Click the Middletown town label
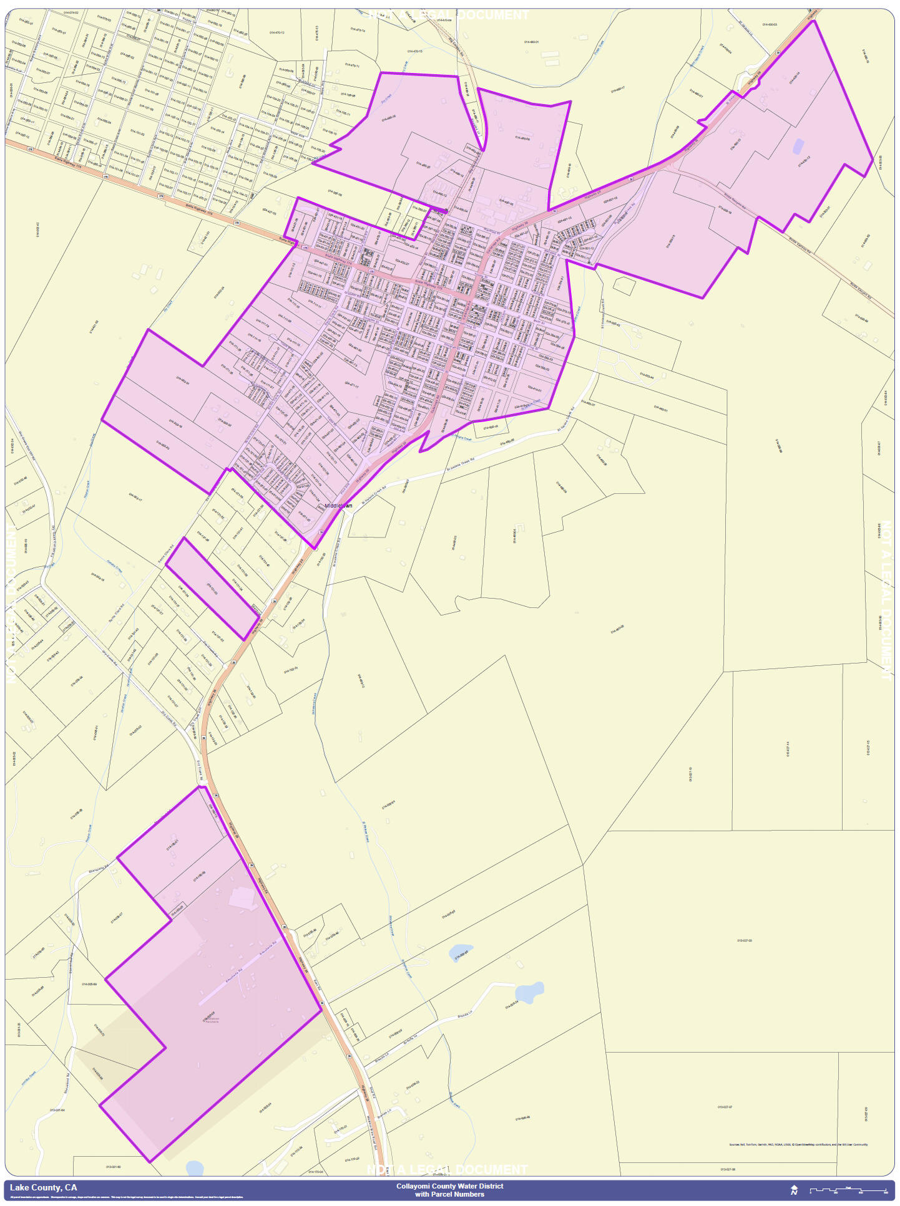pyautogui.click(x=338, y=505)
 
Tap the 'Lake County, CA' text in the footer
pyautogui.click(x=43, y=1187)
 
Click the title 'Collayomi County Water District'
pyautogui.click(x=449, y=1186)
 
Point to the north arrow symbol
pyautogui.click(x=794, y=1190)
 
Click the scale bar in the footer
pyautogui.click(x=848, y=1191)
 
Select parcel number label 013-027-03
pyautogui.click(x=744, y=940)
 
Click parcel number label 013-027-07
pyautogui.click(x=725, y=1107)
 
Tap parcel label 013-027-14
pyautogui.click(x=788, y=748)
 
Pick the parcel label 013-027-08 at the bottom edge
pyautogui.click(x=728, y=1170)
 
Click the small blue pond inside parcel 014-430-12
pyautogui.click(x=798, y=146)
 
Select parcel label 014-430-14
pyautogui.click(x=795, y=78)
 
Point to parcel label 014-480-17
pyautogui.click(x=617, y=90)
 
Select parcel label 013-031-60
pyautogui.click(x=113, y=1167)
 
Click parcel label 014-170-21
pyautogui.click(x=340, y=1129)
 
